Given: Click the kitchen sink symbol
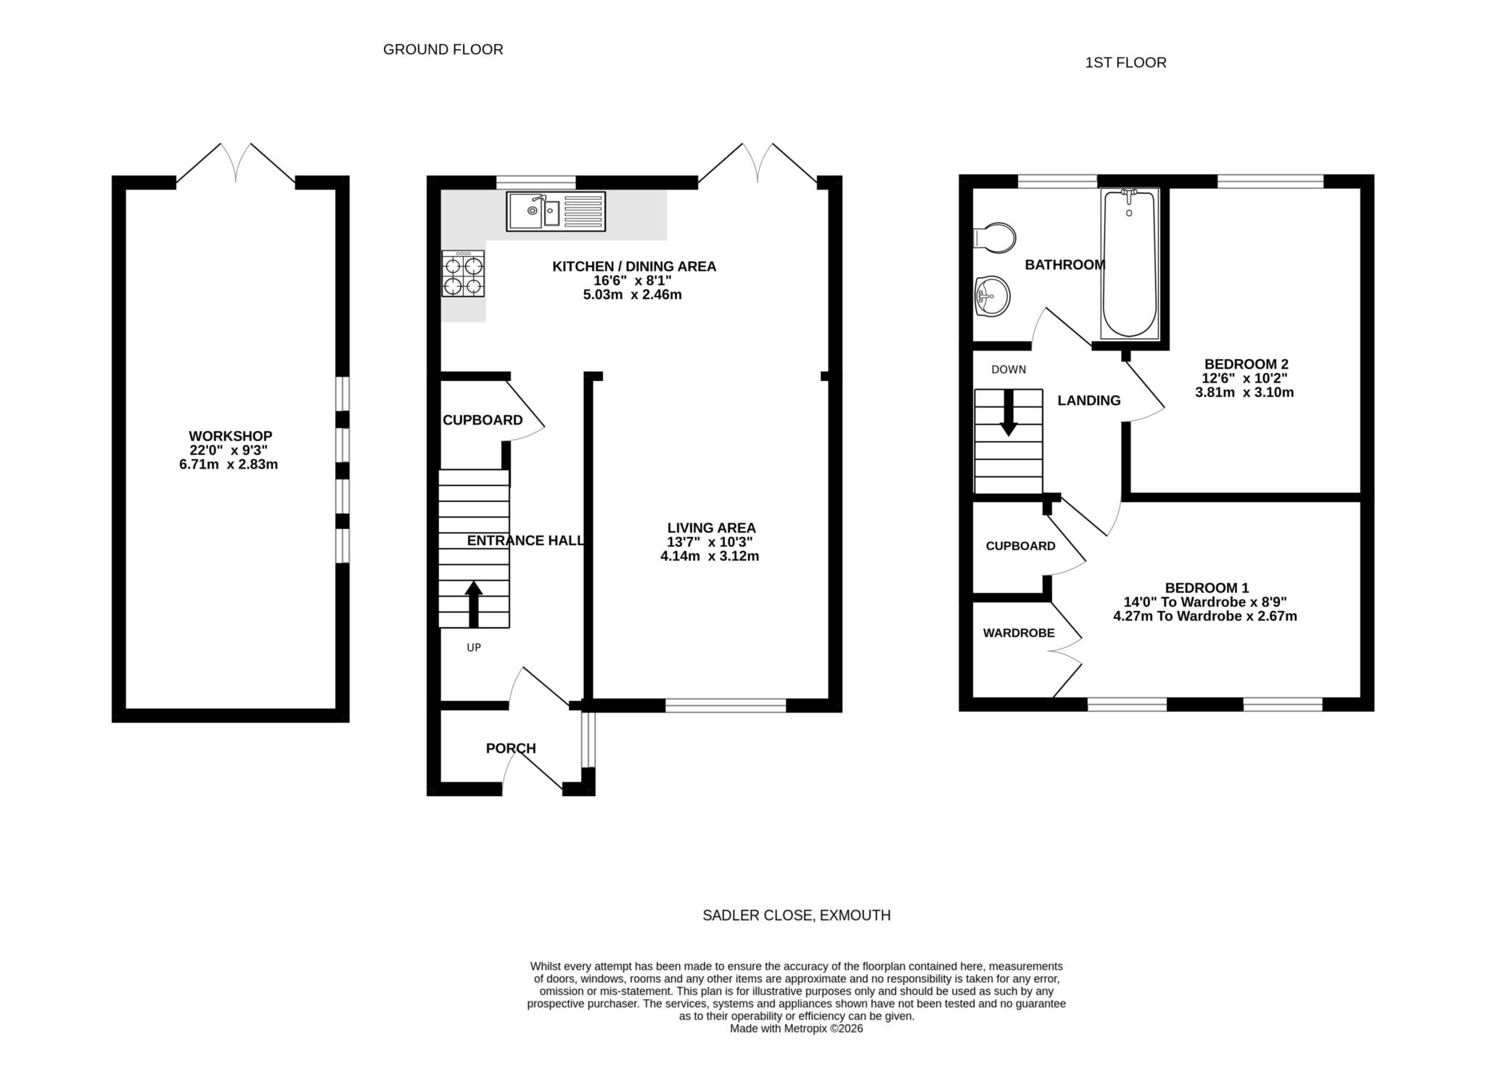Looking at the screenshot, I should [x=556, y=210].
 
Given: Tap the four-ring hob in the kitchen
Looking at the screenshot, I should [x=463, y=274].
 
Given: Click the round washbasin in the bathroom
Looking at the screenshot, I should [x=991, y=296].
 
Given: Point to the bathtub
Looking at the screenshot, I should [x=1129, y=263].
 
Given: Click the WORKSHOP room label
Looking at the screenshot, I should [x=230, y=436].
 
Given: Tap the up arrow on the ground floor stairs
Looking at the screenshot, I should [x=474, y=603].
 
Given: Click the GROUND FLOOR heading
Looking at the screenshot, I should [x=443, y=49].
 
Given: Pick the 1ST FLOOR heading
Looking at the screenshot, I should [x=1125, y=63].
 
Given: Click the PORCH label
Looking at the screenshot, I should [x=511, y=748].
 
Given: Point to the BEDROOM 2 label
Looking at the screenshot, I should [x=1246, y=364].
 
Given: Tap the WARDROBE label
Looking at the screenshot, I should [x=1019, y=633].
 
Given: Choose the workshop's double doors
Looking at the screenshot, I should [x=236, y=163].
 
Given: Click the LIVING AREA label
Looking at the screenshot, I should [x=711, y=528].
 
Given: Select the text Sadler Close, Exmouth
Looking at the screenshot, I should [x=796, y=916].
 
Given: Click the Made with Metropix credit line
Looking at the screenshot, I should [x=796, y=1028].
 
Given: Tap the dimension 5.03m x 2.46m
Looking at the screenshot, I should [x=632, y=295].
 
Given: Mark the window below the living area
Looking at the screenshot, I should [x=726, y=705].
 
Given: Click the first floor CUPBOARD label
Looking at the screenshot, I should [x=1020, y=546].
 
